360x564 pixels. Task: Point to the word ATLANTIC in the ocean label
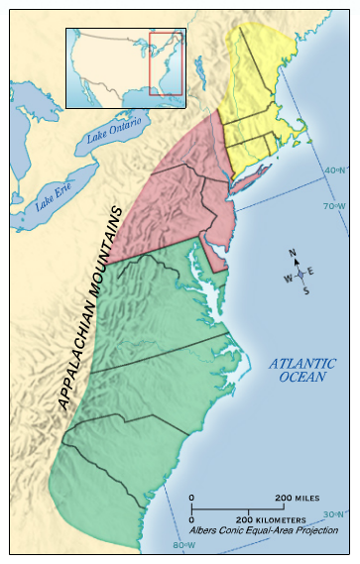click(x=303, y=364)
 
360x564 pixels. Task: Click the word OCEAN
click(x=302, y=378)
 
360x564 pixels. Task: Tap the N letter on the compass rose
click(x=293, y=253)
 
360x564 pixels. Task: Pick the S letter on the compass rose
click(x=305, y=290)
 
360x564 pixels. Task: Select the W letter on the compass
click(x=288, y=278)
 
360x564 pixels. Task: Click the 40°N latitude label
click(x=335, y=169)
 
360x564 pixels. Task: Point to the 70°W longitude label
click(x=335, y=206)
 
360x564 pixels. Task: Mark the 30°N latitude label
click(x=335, y=513)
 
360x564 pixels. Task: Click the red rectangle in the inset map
click(x=166, y=64)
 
